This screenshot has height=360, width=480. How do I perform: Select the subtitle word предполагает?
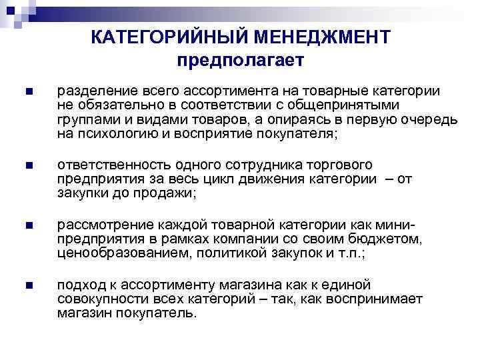coord(241,60)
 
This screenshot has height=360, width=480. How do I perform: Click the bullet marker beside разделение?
coord(27,92)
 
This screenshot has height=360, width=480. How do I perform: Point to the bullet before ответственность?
coord(27,165)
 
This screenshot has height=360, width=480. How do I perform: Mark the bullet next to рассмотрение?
coord(27,225)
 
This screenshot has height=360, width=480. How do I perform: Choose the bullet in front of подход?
coord(27,286)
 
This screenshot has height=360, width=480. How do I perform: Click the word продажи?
coord(174,193)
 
